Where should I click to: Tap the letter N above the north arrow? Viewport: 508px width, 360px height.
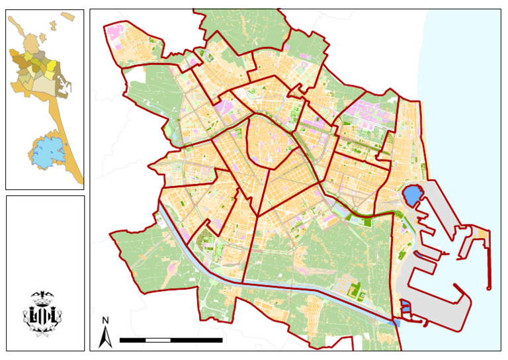[105, 321]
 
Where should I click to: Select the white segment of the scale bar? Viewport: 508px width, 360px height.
[157, 340]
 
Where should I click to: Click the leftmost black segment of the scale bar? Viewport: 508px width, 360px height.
[132, 340]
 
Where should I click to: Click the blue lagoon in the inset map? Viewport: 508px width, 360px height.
[46, 152]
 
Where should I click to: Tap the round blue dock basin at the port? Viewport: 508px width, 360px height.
[411, 195]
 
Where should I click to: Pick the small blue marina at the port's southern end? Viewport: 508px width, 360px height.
[405, 306]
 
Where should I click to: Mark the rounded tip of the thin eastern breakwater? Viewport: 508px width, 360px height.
[489, 287]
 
